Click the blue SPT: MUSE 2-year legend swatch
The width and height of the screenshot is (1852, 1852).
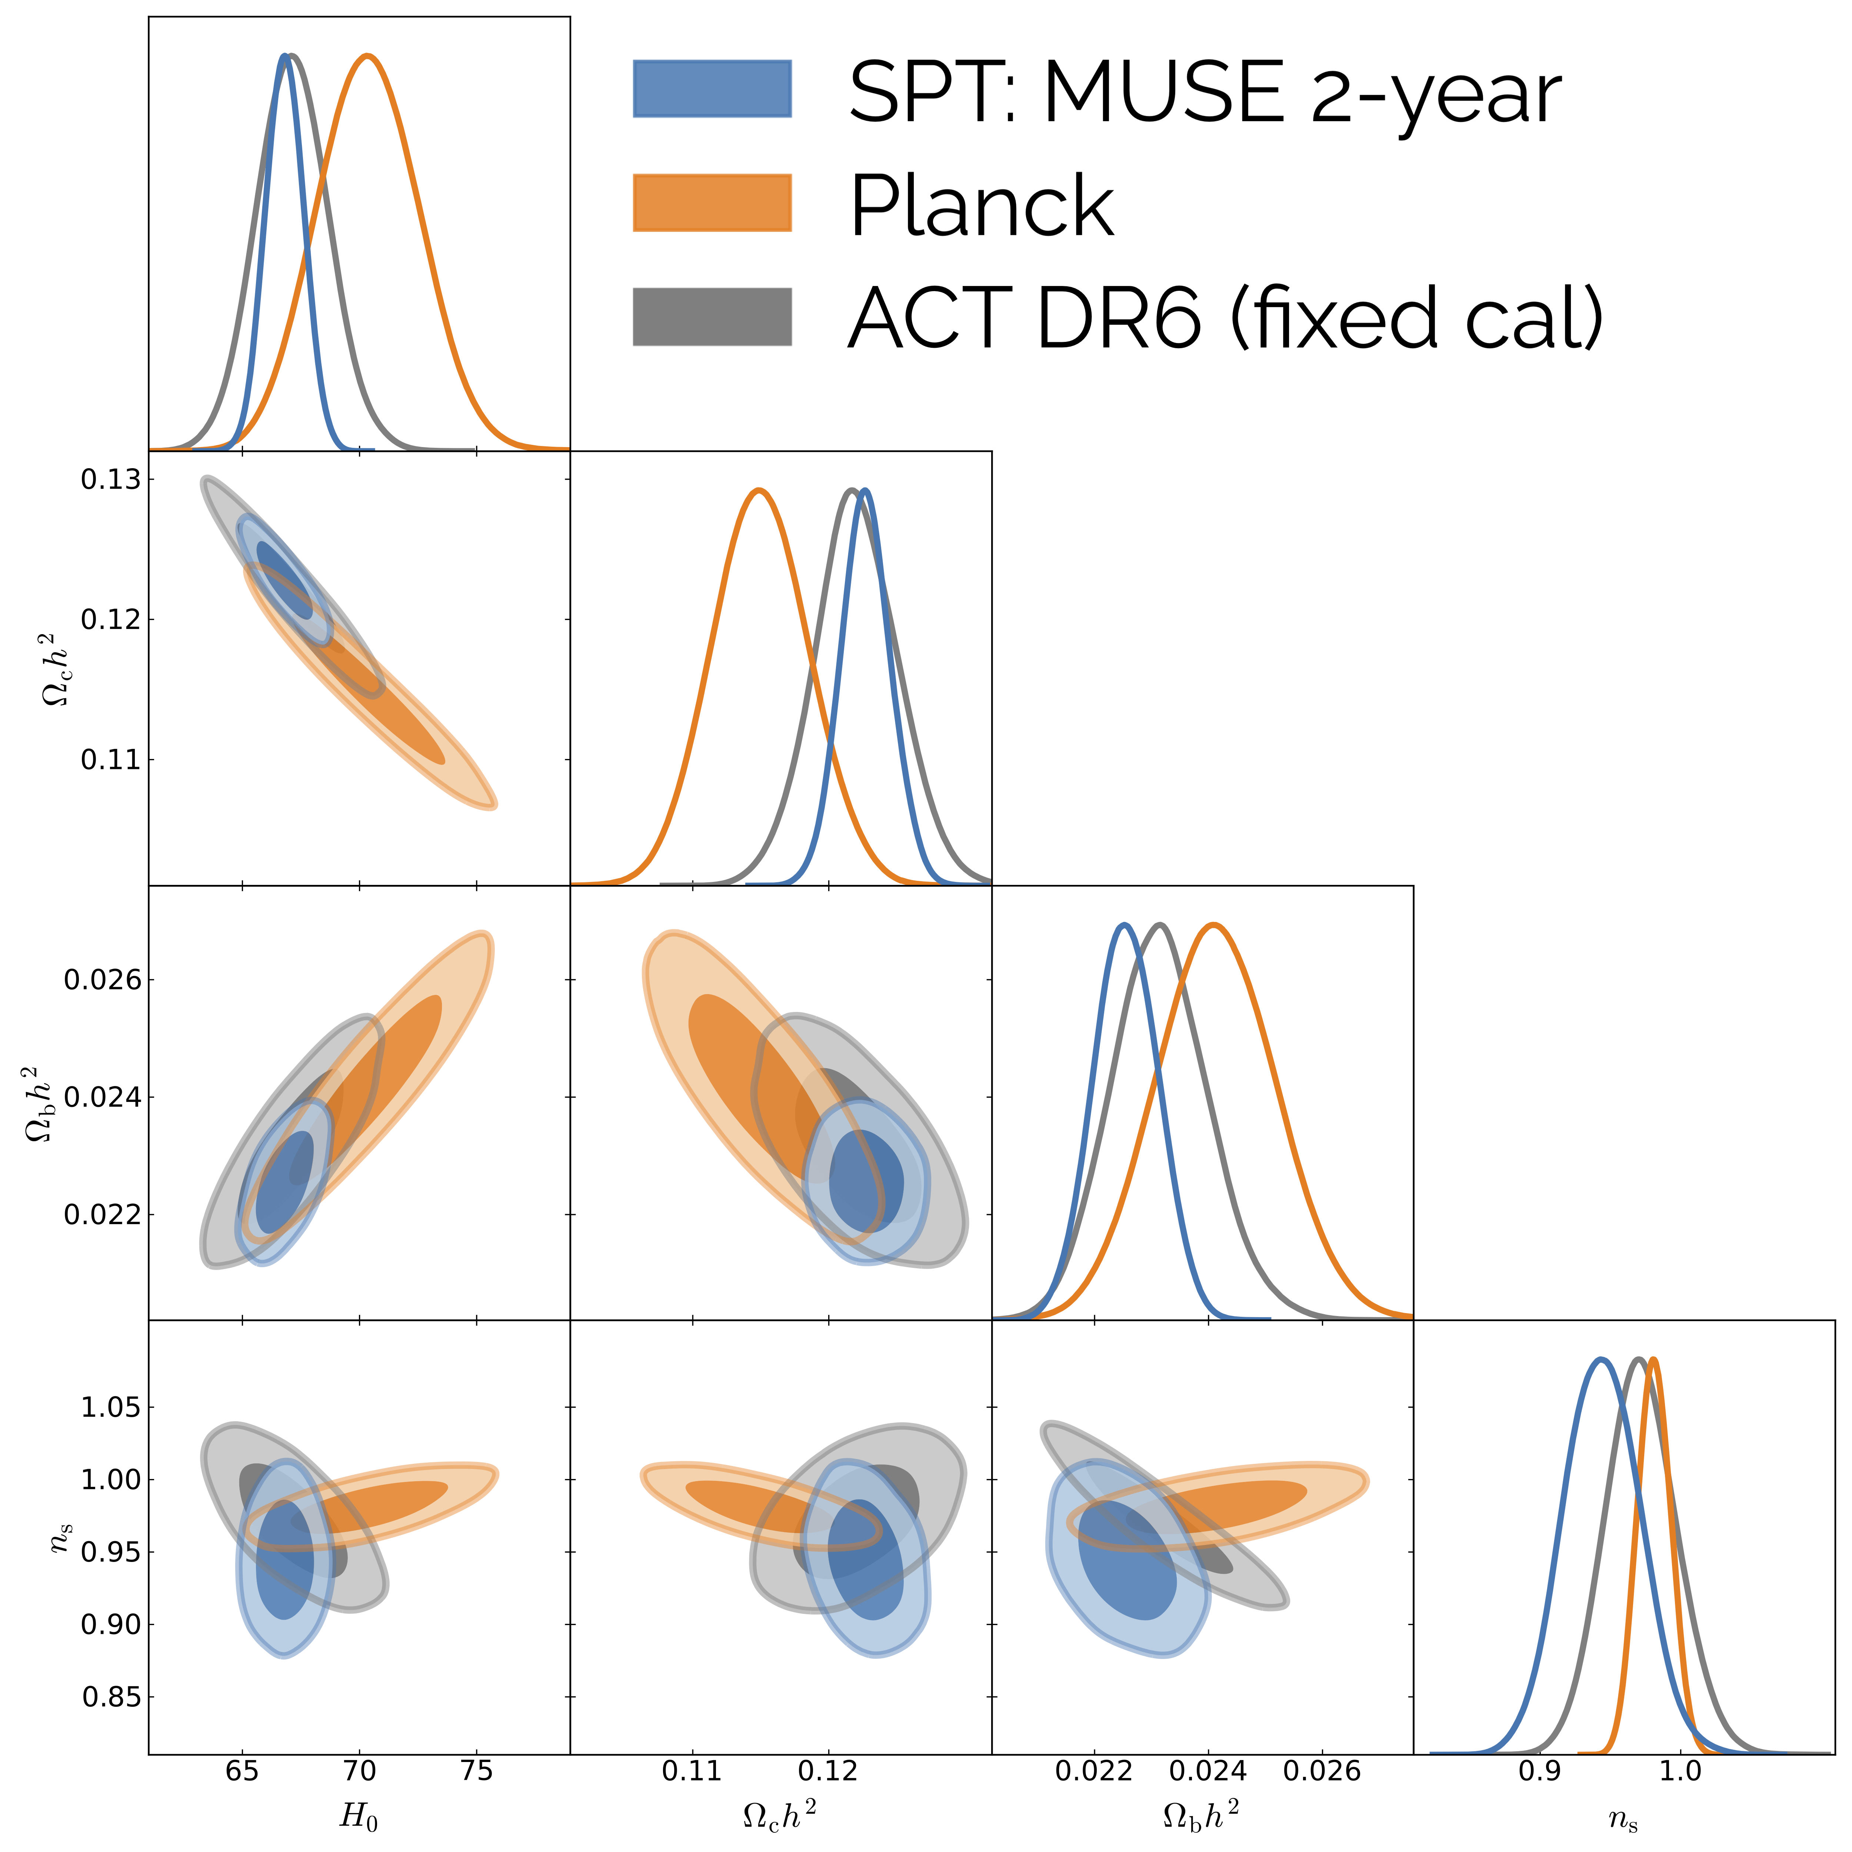(x=712, y=89)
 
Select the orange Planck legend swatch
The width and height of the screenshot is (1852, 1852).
(x=712, y=202)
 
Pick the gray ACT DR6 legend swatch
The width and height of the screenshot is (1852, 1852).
(x=712, y=316)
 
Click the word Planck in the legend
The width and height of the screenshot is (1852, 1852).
(x=982, y=206)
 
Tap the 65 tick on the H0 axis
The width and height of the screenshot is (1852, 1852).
(x=242, y=1769)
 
